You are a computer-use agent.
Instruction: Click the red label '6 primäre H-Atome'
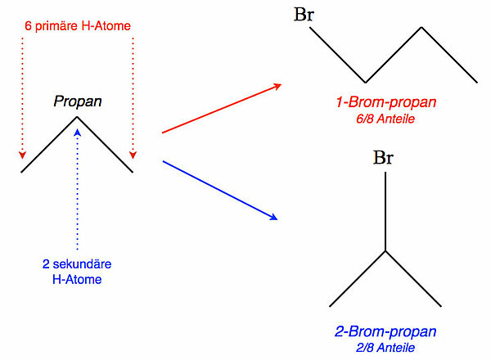77,26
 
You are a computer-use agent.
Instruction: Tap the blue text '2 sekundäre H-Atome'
77,272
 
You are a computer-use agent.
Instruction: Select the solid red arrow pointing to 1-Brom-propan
221,108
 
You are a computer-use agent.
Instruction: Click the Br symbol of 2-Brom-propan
385,157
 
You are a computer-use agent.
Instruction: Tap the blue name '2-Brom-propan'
385,331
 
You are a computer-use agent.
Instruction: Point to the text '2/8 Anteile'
385,347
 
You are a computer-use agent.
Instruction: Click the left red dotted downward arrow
23,98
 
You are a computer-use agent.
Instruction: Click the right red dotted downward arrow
132,98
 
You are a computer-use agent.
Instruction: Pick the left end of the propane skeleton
22,172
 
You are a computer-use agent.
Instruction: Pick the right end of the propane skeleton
132,172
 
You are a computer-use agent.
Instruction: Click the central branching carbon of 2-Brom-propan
385,252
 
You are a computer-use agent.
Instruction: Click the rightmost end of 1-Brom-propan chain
476,82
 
